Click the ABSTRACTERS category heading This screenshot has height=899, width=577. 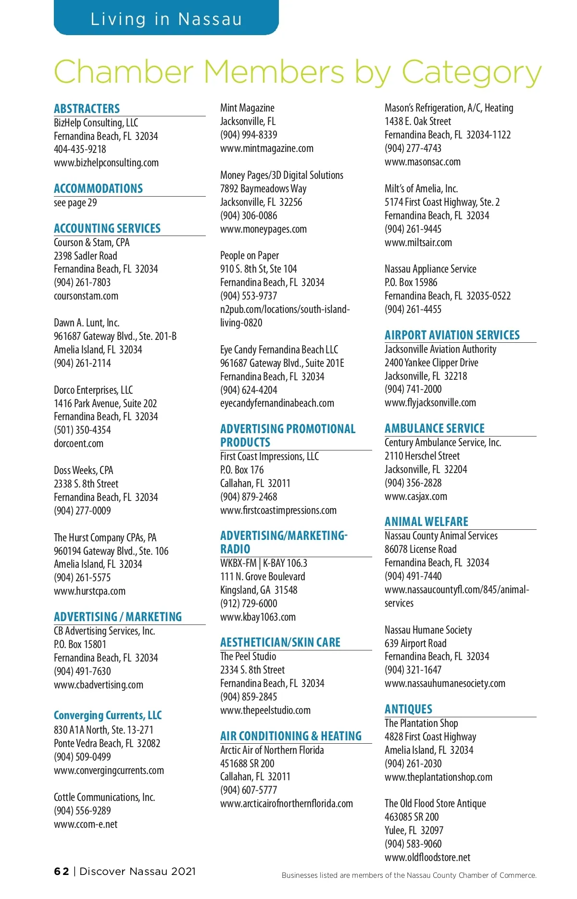(x=87, y=109)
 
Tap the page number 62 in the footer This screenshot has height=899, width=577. (x=62, y=871)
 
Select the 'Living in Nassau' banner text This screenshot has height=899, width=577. (x=166, y=19)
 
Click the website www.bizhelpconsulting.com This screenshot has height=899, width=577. (x=106, y=162)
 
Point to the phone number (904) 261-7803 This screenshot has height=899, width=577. (x=82, y=282)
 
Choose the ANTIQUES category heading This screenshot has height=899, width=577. (x=408, y=709)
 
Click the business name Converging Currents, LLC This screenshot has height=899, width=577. (x=108, y=715)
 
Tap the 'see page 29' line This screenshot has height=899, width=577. (x=75, y=202)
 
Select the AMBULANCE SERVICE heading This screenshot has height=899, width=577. (x=434, y=428)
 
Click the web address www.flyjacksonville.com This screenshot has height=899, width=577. (x=430, y=402)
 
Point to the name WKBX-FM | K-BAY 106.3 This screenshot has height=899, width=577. (x=263, y=563)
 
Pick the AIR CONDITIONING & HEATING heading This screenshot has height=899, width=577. (x=290, y=736)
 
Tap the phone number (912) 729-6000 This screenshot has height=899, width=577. (x=249, y=603)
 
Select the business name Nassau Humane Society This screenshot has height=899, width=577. (x=428, y=630)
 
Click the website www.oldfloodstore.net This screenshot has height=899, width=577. (x=427, y=857)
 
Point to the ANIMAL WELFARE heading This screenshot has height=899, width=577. (x=426, y=522)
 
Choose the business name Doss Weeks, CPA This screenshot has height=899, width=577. (x=83, y=470)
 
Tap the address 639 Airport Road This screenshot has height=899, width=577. (x=415, y=643)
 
